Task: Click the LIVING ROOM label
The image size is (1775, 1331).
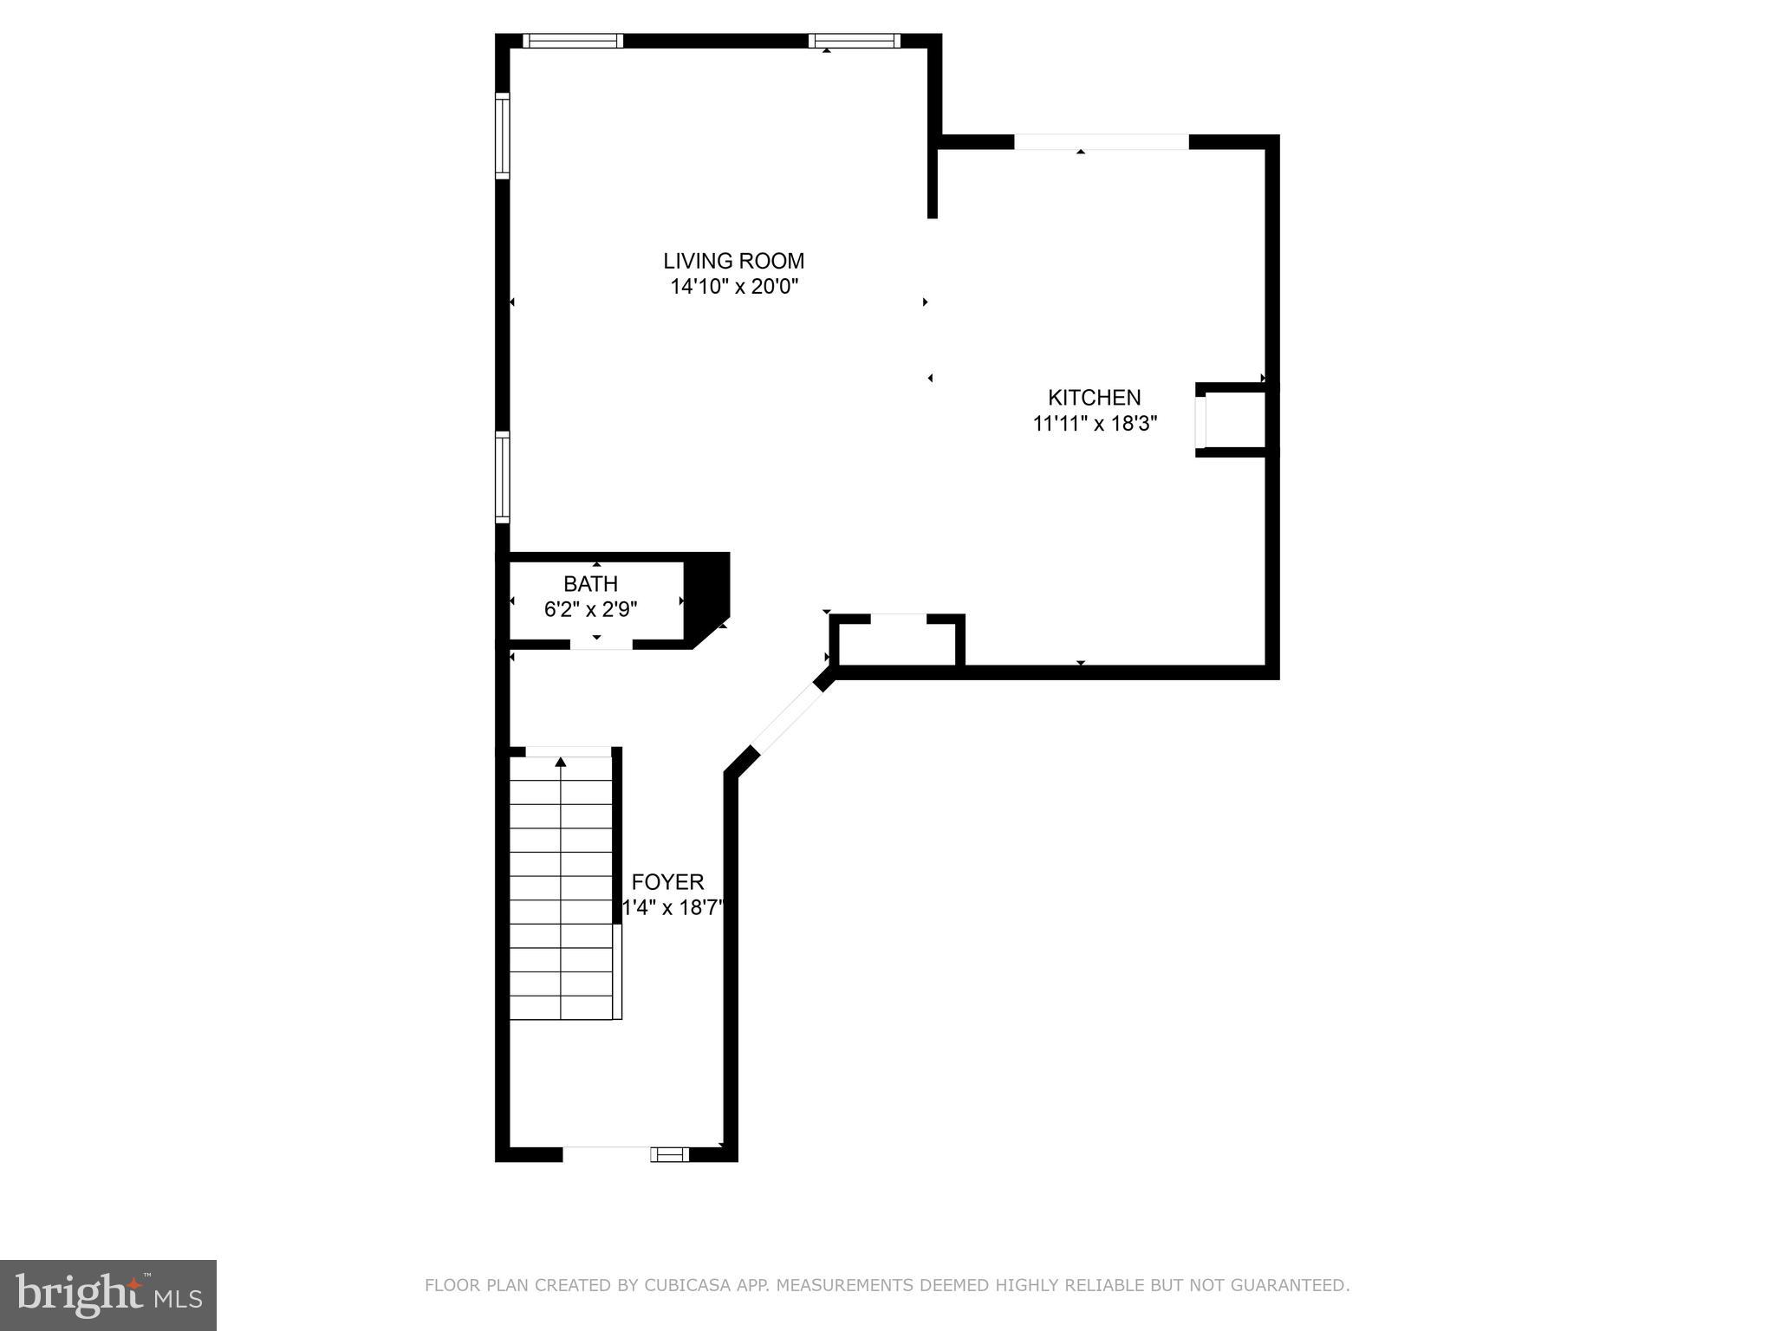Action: [x=733, y=261]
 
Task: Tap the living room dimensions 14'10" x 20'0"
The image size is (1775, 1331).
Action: [x=733, y=287]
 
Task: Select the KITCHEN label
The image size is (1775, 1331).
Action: [x=1094, y=398]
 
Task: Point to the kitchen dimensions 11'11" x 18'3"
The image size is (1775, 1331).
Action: [x=1095, y=424]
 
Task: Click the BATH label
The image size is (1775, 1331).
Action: [x=590, y=584]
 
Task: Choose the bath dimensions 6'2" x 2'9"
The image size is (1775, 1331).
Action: [x=590, y=610]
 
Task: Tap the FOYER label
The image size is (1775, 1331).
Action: [x=667, y=882]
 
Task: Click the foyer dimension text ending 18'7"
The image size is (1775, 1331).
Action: [x=673, y=908]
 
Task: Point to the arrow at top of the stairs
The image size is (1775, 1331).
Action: [x=561, y=762]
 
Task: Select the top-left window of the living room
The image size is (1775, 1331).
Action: [x=572, y=41]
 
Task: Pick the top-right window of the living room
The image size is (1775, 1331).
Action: [x=855, y=41]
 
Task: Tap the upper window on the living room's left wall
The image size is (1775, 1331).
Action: [x=503, y=136]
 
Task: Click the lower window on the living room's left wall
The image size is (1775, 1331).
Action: [x=503, y=477]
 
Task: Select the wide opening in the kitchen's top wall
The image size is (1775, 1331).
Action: [x=1101, y=142]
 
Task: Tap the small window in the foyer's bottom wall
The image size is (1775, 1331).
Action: [x=670, y=1153]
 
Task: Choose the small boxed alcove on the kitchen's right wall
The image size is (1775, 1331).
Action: [x=1232, y=420]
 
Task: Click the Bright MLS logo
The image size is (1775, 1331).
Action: [x=108, y=1295]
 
